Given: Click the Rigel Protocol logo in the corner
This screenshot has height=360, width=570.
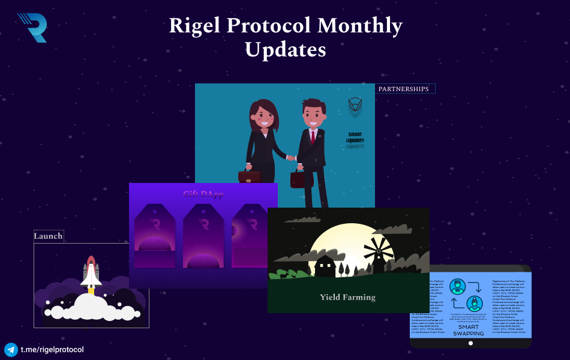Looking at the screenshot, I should [x=32, y=27].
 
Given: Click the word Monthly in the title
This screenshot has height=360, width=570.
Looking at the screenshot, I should [x=359, y=25].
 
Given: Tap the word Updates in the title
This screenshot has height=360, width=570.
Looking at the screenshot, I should [x=285, y=49].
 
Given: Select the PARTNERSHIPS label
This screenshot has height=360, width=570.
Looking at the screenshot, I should [x=406, y=89].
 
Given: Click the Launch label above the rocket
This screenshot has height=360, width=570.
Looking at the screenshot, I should [x=48, y=236].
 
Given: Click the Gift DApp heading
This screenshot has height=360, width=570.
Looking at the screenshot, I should [x=203, y=194].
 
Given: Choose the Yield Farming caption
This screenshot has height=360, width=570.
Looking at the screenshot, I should [x=347, y=297].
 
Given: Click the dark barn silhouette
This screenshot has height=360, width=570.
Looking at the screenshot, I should [x=325, y=266].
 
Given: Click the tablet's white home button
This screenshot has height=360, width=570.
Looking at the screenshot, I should [x=470, y=343].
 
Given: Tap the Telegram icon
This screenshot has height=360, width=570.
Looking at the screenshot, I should [x=11, y=350].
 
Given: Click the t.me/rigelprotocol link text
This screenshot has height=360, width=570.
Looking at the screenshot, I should [x=52, y=350].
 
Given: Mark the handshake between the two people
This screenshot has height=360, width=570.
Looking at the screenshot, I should [x=291, y=158].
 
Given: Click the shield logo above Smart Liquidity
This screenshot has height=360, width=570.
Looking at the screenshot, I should [x=356, y=107].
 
